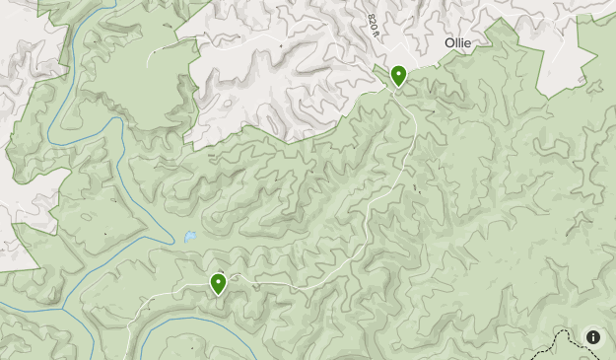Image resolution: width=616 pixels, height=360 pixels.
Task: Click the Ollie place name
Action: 457,43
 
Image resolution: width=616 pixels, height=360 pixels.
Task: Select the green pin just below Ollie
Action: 399,76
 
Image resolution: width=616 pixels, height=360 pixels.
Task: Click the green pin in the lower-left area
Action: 218,284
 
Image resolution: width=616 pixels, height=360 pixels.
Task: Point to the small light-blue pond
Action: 188,237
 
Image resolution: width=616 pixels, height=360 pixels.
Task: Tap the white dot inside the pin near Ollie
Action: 399,73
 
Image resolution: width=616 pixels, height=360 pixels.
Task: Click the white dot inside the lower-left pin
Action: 218,281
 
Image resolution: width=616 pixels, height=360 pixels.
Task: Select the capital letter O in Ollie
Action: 449,43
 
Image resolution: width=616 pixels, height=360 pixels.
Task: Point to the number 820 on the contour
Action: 371,22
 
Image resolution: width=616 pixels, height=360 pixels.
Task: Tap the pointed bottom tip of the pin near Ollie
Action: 399,88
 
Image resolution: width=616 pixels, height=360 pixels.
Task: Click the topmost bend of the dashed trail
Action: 567,331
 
